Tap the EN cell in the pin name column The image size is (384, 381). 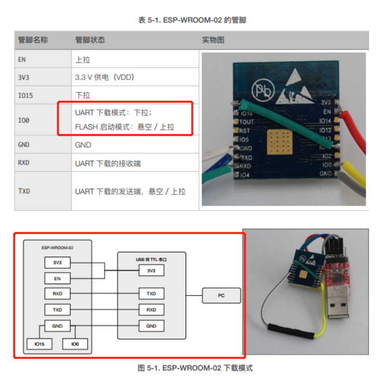(22, 60)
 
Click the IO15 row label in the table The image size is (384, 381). (25, 95)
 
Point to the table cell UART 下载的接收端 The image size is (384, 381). (108, 163)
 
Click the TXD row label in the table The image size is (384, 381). (24, 191)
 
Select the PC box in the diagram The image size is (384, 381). (221, 295)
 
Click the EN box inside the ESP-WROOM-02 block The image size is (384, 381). (57, 279)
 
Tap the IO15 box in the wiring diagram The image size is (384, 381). (39, 343)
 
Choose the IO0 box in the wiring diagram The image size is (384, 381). (75, 343)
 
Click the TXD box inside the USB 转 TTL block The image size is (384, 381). (151, 293)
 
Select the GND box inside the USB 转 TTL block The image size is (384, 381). (151, 326)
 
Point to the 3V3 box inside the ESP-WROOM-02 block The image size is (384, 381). (57, 262)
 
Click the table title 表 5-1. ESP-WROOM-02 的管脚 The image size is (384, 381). (192, 20)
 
